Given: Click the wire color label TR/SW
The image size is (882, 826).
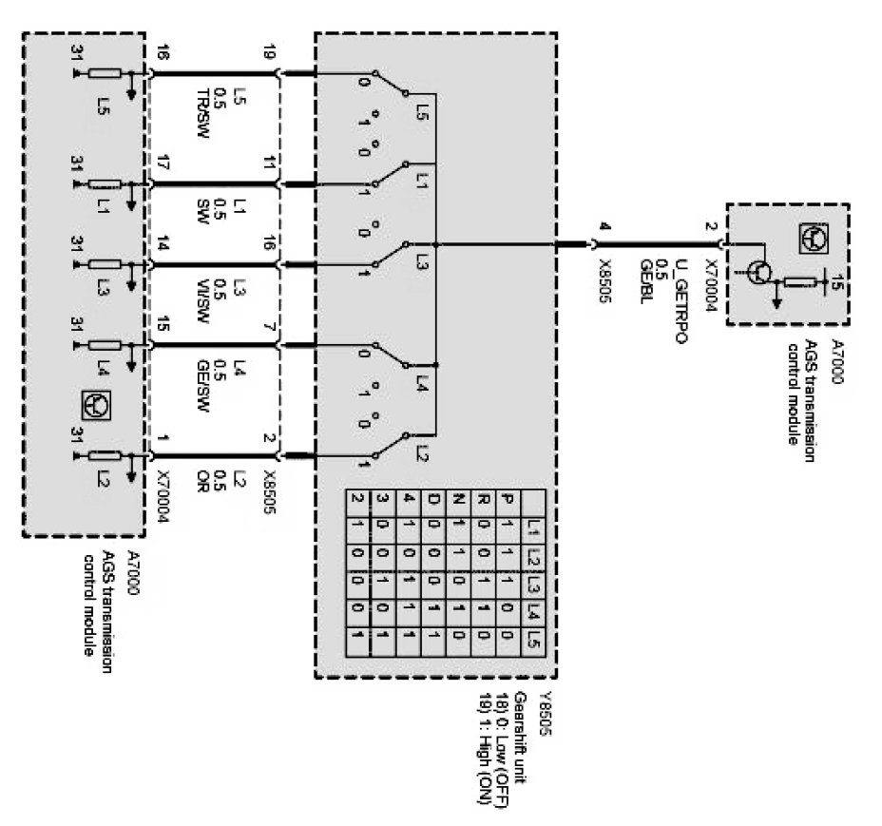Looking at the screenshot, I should click(x=202, y=105).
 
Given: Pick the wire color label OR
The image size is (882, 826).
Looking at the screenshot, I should click(x=202, y=476).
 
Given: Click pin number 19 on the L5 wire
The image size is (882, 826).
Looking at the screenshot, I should click(x=270, y=54).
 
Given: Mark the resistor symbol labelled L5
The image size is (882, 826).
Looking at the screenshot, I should click(x=104, y=72).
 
